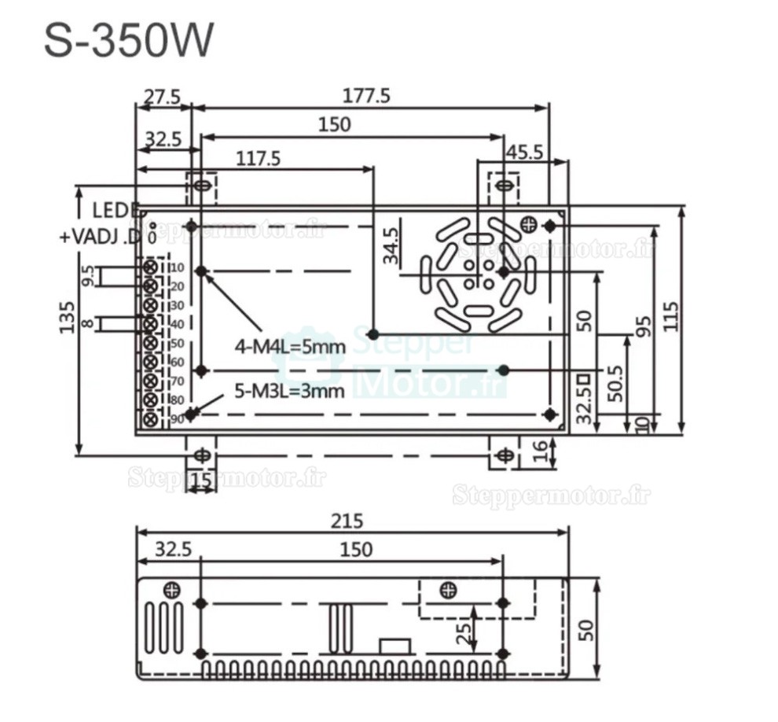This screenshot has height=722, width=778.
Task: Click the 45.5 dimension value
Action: click(x=523, y=152)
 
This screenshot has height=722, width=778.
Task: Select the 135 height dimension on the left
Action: click(x=68, y=317)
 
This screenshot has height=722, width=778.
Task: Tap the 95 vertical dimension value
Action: click(x=644, y=326)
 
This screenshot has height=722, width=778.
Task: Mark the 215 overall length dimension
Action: click(x=347, y=521)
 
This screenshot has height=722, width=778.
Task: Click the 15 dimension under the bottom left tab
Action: click(x=201, y=479)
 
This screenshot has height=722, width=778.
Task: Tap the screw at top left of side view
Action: click(x=171, y=589)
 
